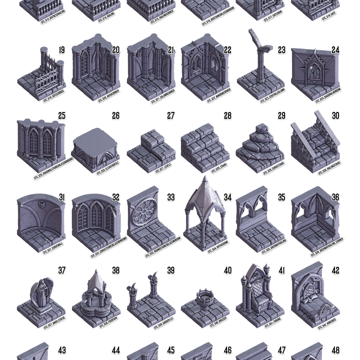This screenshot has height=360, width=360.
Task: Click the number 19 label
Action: (61, 50)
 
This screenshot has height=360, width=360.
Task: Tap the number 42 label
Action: (335, 270)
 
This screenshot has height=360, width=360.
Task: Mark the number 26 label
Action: (115, 115)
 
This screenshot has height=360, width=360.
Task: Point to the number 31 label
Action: (61, 197)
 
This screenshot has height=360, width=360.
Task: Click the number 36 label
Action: (335, 197)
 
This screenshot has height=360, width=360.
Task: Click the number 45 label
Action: (170, 350)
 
